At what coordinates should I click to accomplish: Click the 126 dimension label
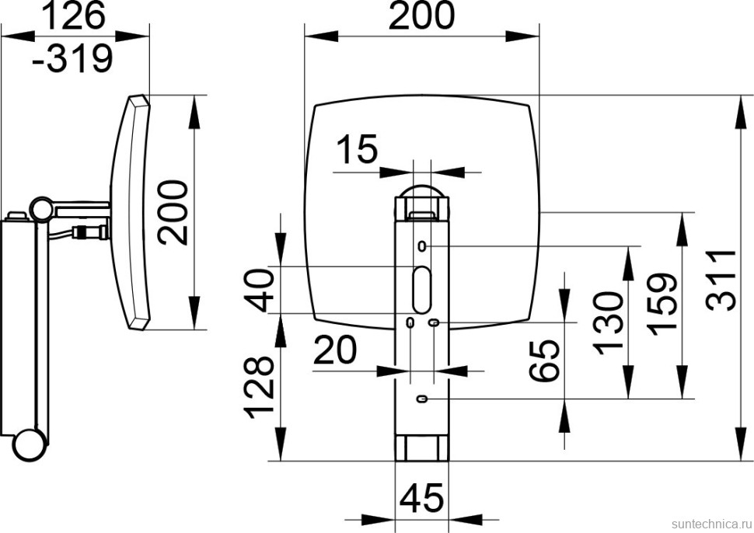[x=74, y=16]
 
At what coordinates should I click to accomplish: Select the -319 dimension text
[x=72, y=58]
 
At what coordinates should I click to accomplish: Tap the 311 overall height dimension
[x=721, y=280]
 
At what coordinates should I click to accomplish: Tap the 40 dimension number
[x=259, y=291]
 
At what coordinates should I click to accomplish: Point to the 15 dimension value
[x=358, y=148]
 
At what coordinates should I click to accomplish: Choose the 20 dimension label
[x=335, y=350]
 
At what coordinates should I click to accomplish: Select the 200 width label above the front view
[x=421, y=16]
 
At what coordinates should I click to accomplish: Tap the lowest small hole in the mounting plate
[x=423, y=399]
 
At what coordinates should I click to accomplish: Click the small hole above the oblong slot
[x=422, y=246]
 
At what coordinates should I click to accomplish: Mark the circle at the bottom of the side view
[x=30, y=445]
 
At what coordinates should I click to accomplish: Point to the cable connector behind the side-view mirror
[x=90, y=232]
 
